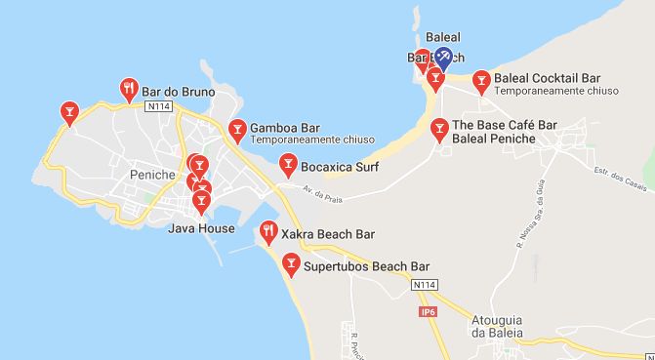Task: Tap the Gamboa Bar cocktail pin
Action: pos(236,129)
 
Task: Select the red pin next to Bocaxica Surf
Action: pos(288,162)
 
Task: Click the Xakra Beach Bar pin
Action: pos(268,232)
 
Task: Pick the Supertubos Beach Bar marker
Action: pos(290,262)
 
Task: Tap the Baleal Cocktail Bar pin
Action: pos(480,79)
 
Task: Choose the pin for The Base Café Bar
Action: pos(439,128)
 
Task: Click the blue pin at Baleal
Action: pos(443,58)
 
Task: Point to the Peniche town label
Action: pos(151,175)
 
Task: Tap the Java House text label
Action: pos(201,229)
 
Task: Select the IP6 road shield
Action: pos(426,312)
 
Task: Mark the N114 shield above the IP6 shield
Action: pos(422,284)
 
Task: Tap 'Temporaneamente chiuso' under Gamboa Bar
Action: pos(305,140)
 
